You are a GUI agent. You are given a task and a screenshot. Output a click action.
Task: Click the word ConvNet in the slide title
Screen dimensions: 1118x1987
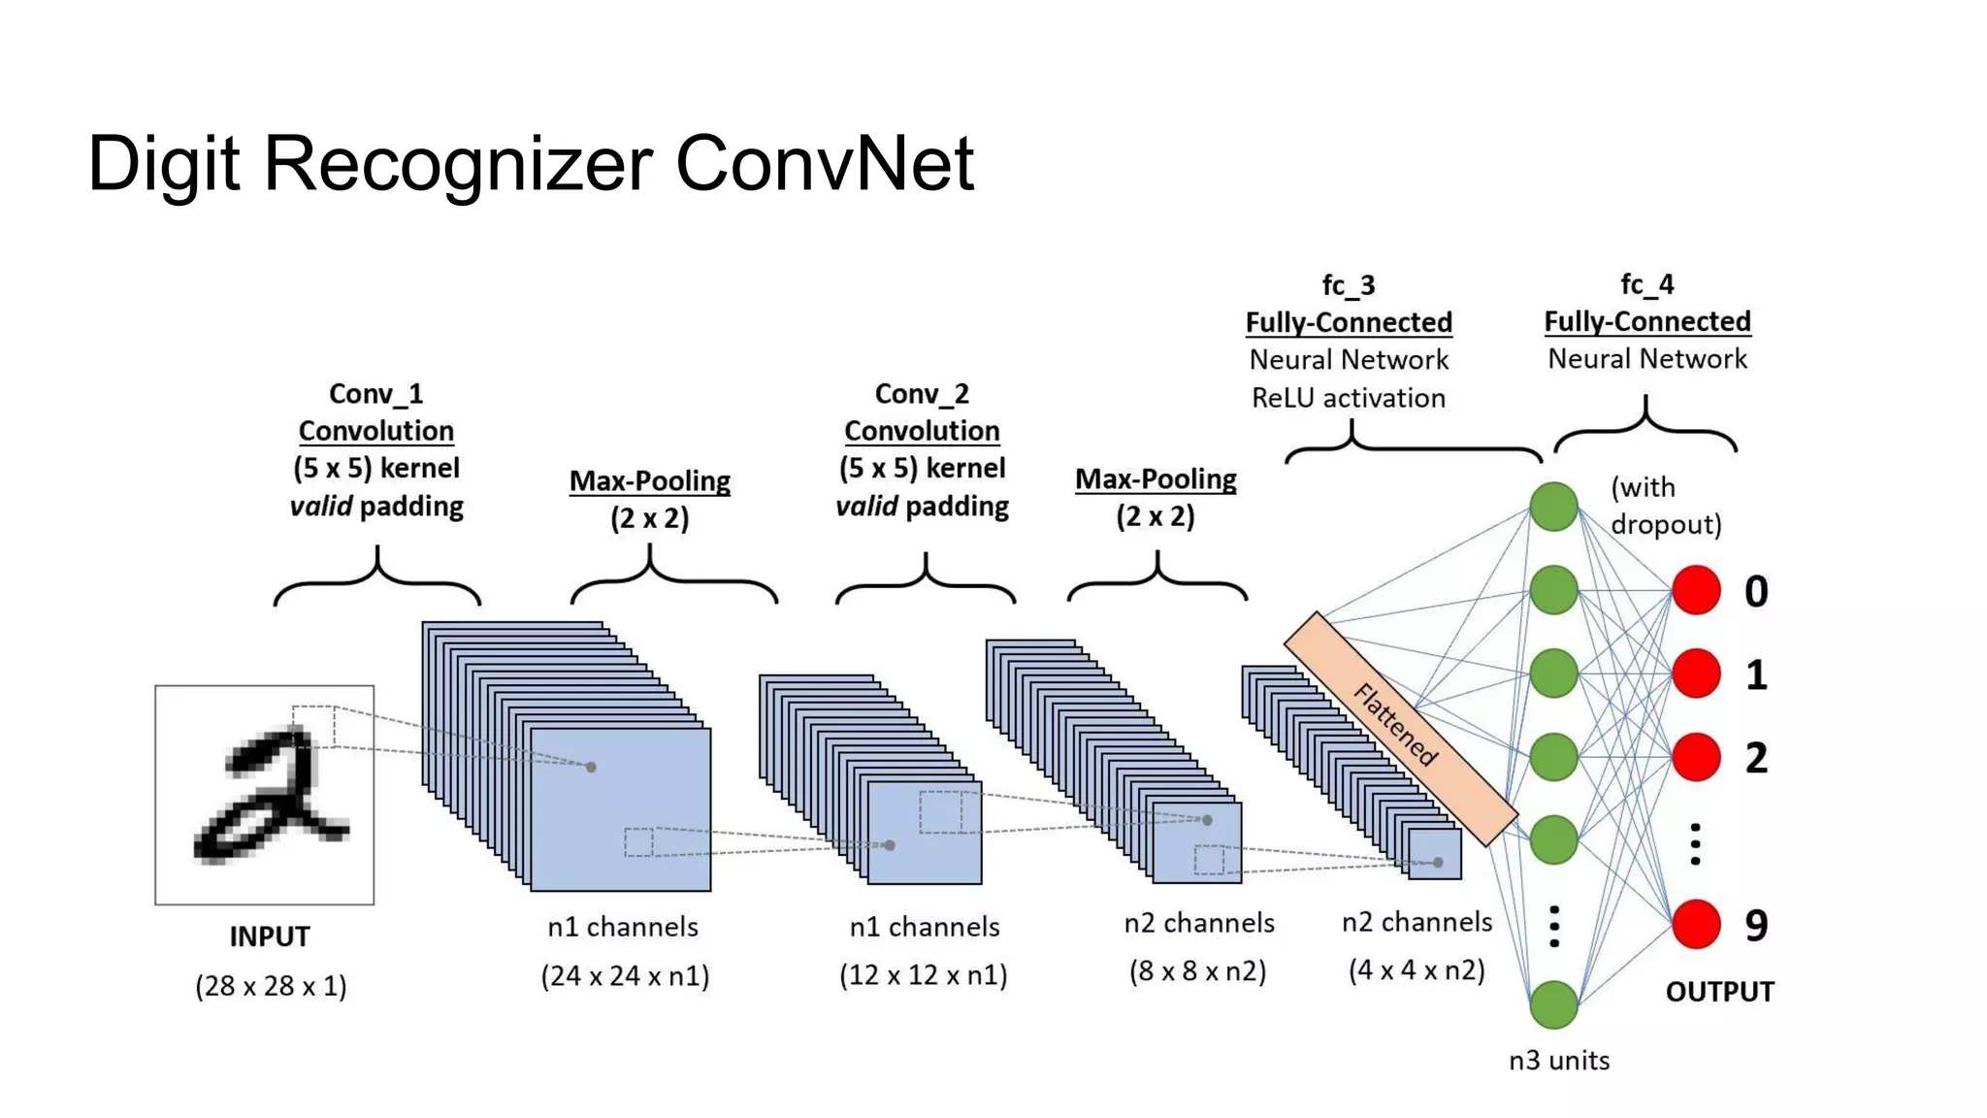pyautogui.click(x=824, y=163)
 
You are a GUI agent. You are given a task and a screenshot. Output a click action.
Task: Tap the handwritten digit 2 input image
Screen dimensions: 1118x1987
pyautogui.click(x=265, y=795)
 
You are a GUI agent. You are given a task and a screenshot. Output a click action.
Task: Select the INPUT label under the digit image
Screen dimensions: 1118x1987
pyautogui.click(x=270, y=937)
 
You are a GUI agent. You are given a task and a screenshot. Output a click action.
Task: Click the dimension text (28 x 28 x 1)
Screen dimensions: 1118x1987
pyautogui.click(x=271, y=986)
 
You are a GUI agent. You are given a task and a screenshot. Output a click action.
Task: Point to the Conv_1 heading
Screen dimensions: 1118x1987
pyautogui.click(x=376, y=394)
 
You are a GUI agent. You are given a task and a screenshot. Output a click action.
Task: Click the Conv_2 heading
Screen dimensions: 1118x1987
pyautogui.click(x=922, y=394)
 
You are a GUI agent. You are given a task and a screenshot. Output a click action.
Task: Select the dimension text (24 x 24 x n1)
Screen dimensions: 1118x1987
pyautogui.click(x=625, y=975)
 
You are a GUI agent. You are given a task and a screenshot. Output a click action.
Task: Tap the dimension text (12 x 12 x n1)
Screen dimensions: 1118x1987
pyautogui.click(x=923, y=974)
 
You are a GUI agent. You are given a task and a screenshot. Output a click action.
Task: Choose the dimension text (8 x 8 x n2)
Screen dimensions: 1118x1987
pyautogui.click(x=1197, y=970)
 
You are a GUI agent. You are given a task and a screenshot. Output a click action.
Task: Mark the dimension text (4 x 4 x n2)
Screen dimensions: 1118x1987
pyautogui.click(x=1417, y=970)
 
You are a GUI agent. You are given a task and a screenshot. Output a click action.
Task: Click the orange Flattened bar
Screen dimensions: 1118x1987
pyautogui.click(x=1399, y=727)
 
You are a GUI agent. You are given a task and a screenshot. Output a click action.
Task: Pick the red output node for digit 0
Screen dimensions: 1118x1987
pyautogui.click(x=1696, y=590)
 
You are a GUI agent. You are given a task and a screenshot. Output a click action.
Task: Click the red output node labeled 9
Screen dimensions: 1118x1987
pyautogui.click(x=1696, y=924)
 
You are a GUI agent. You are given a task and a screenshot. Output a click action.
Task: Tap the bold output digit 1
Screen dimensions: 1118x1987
pyautogui.click(x=1756, y=674)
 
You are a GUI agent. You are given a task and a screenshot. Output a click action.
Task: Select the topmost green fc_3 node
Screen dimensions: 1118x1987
pyautogui.click(x=1553, y=507)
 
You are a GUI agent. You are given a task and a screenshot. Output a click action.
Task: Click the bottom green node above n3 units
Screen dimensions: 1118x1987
pyautogui.click(x=1553, y=1004)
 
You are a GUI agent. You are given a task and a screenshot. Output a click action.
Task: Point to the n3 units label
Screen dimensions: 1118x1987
pyautogui.click(x=1559, y=1061)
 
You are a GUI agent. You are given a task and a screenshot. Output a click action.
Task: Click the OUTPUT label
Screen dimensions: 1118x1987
pyautogui.click(x=1719, y=992)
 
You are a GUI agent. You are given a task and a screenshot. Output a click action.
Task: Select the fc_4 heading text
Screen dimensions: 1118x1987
pyautogui.click(x=1646, y=284)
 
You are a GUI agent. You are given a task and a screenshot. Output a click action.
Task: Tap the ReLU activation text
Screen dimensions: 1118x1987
pyautogui.click(x=1348, y=398)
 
